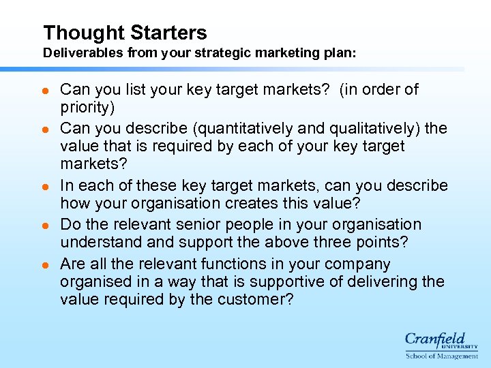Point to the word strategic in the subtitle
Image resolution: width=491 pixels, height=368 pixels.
231,52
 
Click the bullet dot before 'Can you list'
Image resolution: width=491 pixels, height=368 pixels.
46,90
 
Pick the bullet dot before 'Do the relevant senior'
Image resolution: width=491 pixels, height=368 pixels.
46,225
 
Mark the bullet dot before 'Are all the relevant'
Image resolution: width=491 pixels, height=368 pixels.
46,264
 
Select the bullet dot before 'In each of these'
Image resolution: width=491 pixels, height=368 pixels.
46,186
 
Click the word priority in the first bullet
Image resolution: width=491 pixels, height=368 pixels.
87,108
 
